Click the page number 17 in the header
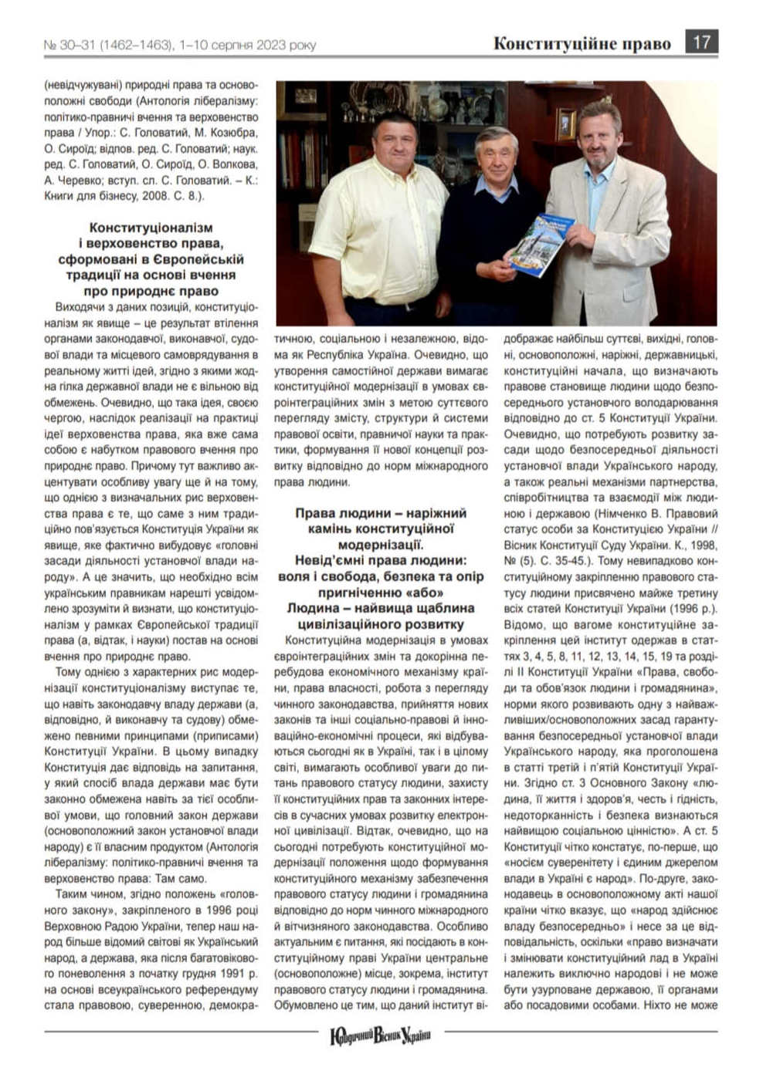pyautogui.click(x=701, y=42)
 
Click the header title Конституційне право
pyautogui.click(x=582, y=43)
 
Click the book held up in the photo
pyautogui.click(x=541, y=245)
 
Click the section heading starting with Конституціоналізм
pyautogui.click(x=151, y=228)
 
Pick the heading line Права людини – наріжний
pyautogui.click(x=381, y=513)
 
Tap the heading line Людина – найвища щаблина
pyautogui.click(x=381, y=608)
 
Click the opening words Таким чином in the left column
pyautogui.click(x=84, y=894)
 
